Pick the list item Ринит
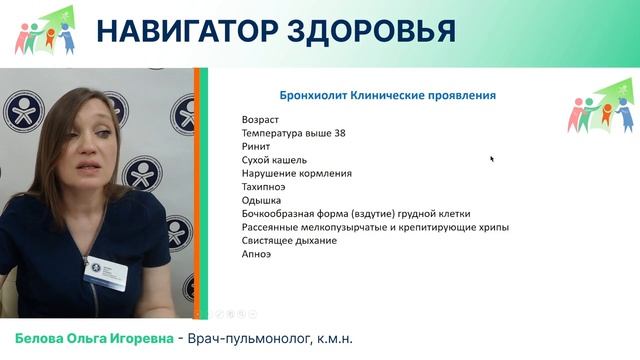[x=256, y=146]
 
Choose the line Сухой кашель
[x=274, y=160]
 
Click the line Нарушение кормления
[x=297, y=173]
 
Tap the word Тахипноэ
[x=265, y=187]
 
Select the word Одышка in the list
[x=262, y=200]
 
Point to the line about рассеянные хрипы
[x=375, y=227]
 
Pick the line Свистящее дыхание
[x=289, y=241]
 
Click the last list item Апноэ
[x=257, y=254]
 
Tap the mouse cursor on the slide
[x=492, y=158]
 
